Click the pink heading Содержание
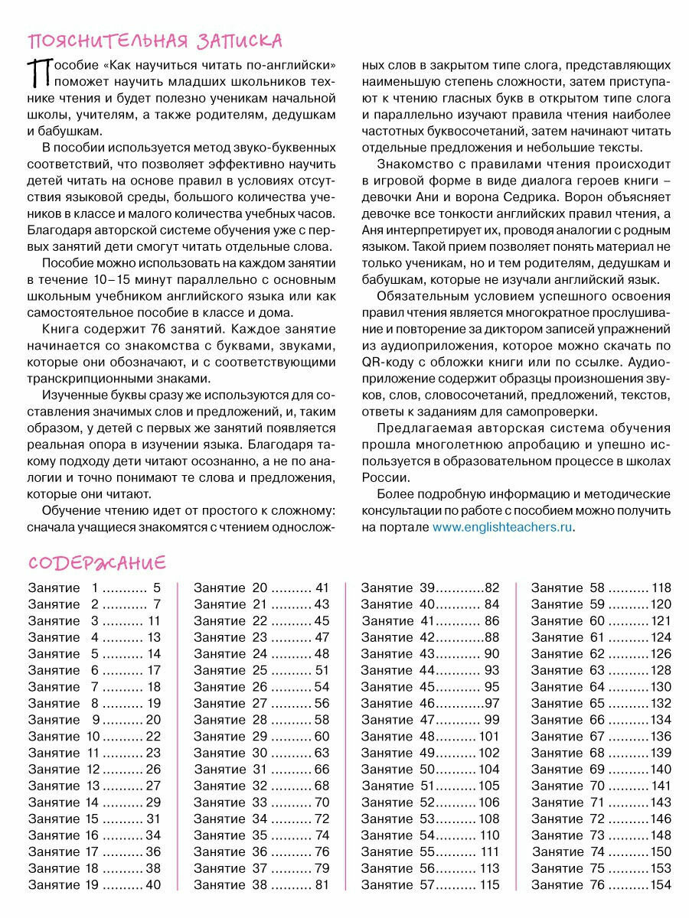tap(97, 563)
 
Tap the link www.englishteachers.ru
tap(502, 527)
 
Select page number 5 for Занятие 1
tap(156, 588)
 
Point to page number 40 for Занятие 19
tap(153, 885)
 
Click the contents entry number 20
tap(260, 588)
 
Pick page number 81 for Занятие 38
tap(322, 885)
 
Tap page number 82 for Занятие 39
tap(491, 588)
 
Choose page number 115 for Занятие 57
tap(489, 885)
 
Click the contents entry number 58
tap(597, 588)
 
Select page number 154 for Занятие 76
tap(660, 885)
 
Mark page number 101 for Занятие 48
tap(489, 737)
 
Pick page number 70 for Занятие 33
tap(322, 802)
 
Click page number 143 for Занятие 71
tap(660, 802)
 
